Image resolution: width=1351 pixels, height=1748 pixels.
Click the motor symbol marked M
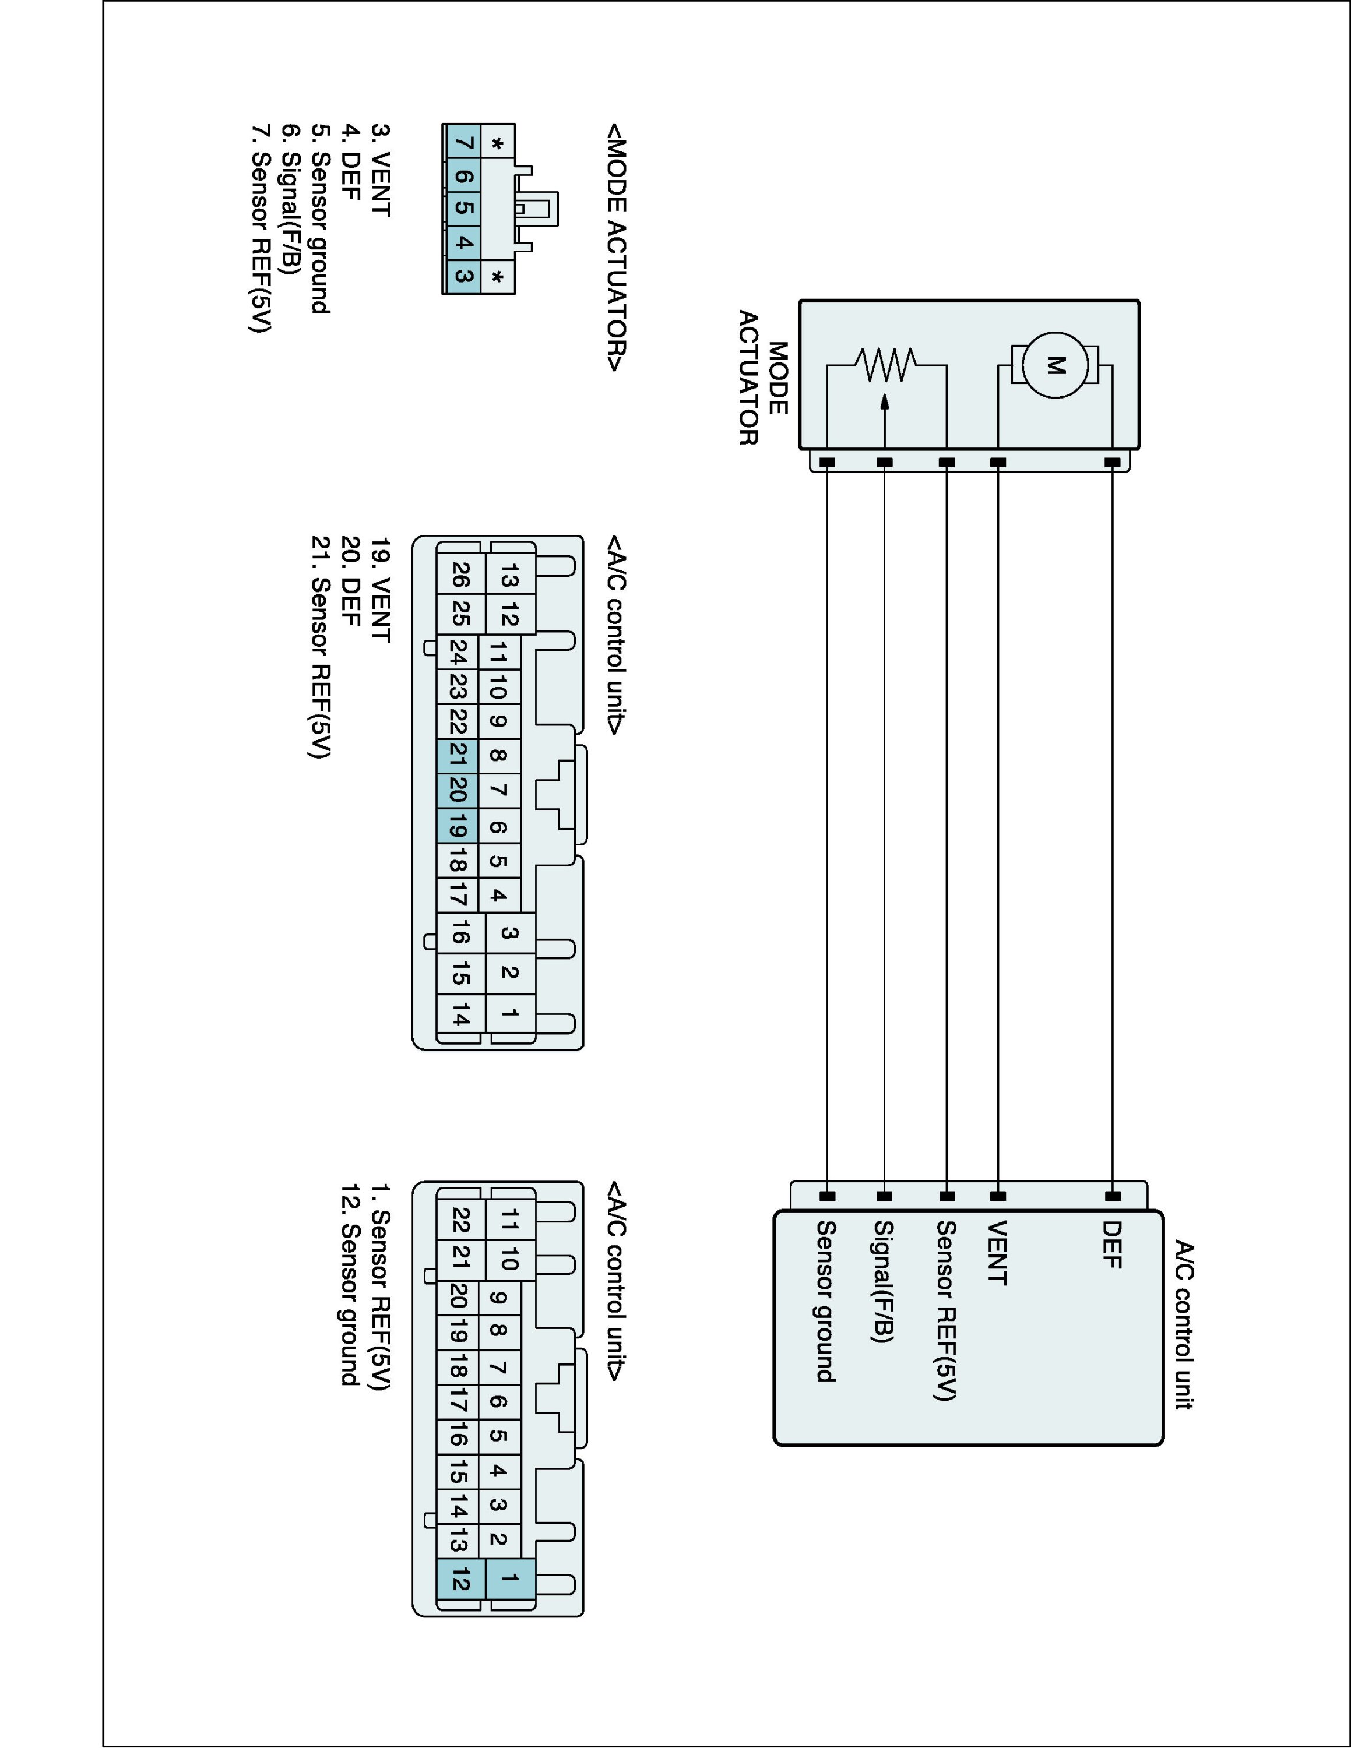click(1056, 366)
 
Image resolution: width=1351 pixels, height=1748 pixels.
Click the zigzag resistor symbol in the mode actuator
click(885, 365)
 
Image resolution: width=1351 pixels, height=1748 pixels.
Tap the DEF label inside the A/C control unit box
click(1111, 1245)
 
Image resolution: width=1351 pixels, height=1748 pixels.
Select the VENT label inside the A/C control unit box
click(997, 1253)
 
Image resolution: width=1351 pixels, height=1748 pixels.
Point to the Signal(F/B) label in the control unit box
click(884, 1281)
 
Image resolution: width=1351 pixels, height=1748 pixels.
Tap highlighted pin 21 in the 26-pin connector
click(458, 755)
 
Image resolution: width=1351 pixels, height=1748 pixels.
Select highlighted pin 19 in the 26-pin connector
click(458, 825)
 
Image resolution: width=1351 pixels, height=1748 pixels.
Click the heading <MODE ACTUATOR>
click(616, 247)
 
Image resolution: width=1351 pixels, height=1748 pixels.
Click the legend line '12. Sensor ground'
click(350, 1285)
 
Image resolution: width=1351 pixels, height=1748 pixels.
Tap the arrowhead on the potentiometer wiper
click(884, 402)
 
